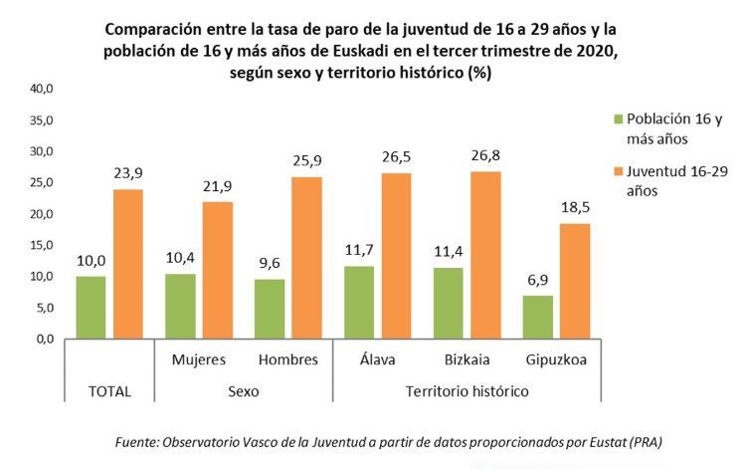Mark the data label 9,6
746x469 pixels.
[x=270, y=264]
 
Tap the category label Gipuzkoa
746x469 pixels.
[x=557, y=357]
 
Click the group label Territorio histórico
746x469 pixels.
[x=468, y=391]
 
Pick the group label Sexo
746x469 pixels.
[x=243, y=391]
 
